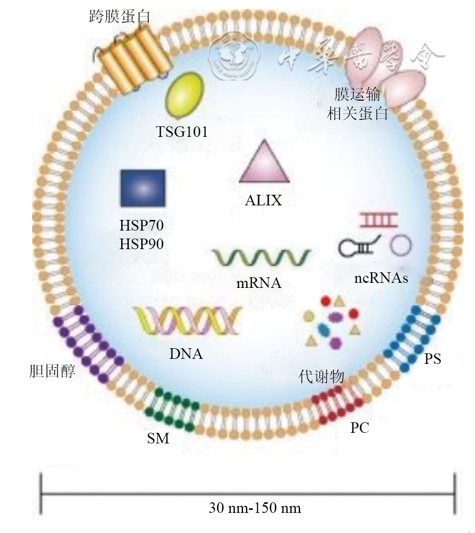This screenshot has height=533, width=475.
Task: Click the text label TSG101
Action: pyautogui.click(x=181, y=132)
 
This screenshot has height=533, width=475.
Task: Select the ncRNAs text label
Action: pyautogui.click(x=380, y=277)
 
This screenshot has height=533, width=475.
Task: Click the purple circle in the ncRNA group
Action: pyautogui.click(x=401, y=245)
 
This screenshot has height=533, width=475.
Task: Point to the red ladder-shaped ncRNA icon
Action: pyautogui.click(x=378, y=219)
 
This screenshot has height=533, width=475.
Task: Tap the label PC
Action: pyautogui.click(x=363, y=428)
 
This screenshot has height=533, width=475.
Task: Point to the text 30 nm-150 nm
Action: pyautogui.click(x=255, y=508)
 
